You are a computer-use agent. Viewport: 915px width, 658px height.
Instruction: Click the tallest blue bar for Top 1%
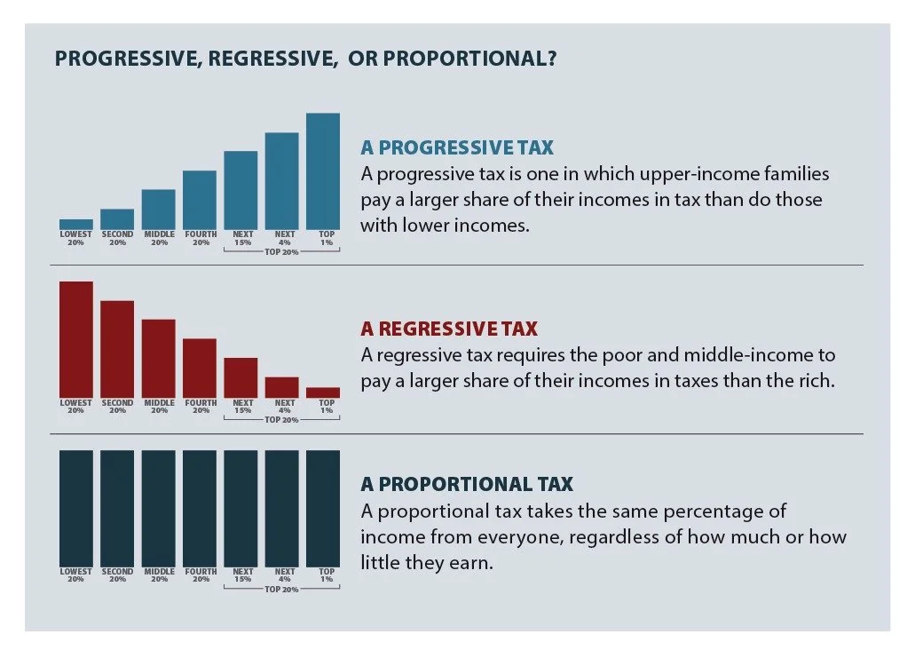coord(323,170)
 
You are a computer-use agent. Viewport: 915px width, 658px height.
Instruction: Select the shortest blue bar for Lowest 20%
coord(75,224)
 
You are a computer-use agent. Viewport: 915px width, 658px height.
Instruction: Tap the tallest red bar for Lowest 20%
coord(75,339)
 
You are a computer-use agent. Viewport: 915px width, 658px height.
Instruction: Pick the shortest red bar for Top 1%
coord(323,392)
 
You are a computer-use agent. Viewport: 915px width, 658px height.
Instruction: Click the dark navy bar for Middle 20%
coord(159,508)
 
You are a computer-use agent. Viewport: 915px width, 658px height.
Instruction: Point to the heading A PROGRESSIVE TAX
coord(457,147)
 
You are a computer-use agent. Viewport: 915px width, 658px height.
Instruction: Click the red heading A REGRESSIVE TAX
coord(449,329)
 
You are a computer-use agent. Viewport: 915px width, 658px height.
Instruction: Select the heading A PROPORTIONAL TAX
coord(467,484)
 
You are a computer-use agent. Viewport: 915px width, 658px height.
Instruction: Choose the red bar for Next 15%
coord(241,377)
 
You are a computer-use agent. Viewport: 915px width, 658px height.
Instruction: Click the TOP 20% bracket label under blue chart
coord(281,252)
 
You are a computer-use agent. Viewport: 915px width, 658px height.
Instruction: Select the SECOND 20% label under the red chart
coord(117,406)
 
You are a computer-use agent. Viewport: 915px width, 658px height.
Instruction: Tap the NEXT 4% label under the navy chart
coord(284,575)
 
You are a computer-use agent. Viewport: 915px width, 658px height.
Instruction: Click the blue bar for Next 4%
coord(281,180)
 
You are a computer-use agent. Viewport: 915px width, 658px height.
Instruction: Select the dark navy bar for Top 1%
coord(323,508)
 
